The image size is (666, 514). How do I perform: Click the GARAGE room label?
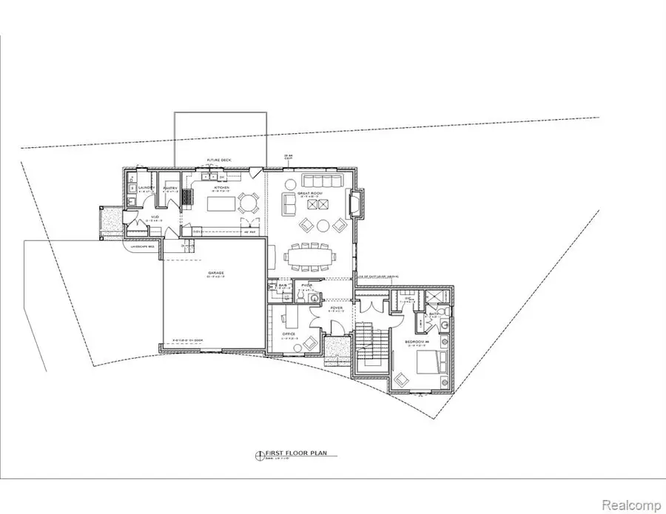click(215, 273)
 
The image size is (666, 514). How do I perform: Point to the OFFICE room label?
click(289, 334)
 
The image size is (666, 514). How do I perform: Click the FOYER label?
click(334, 308)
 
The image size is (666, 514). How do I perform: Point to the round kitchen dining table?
click(251, 200)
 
